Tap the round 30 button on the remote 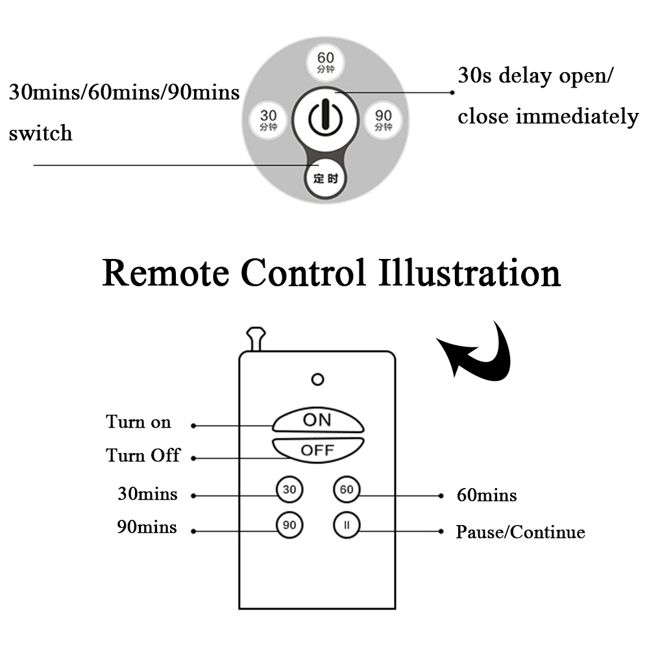point(289,490)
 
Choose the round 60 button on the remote point(347,490)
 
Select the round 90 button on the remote point(289,526)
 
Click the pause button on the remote point(347,526)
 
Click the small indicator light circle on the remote point(317,379)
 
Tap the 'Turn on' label point(139,422)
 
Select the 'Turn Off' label point(143,455)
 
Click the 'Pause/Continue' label point(520,533)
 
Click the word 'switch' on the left point(40,134)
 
